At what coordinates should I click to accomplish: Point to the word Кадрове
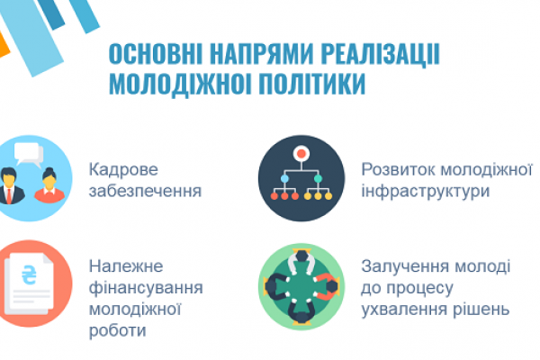click(123, 169)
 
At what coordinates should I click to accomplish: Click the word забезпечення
click(145, 191)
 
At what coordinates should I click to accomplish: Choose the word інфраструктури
click(426, 191)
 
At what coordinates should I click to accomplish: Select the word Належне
click(126, 266)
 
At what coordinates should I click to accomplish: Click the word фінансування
click(146, 288)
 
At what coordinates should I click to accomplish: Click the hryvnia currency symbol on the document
click(29, 275)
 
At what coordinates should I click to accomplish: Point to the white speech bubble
click(28, 153)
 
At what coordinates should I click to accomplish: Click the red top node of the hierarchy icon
click(301, 153)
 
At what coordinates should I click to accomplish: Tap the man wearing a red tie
click(10, 186)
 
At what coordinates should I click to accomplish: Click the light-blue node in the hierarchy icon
click(284, 179)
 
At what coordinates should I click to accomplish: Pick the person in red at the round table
click(327, 286)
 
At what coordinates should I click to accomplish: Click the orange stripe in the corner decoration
click(3, 46)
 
